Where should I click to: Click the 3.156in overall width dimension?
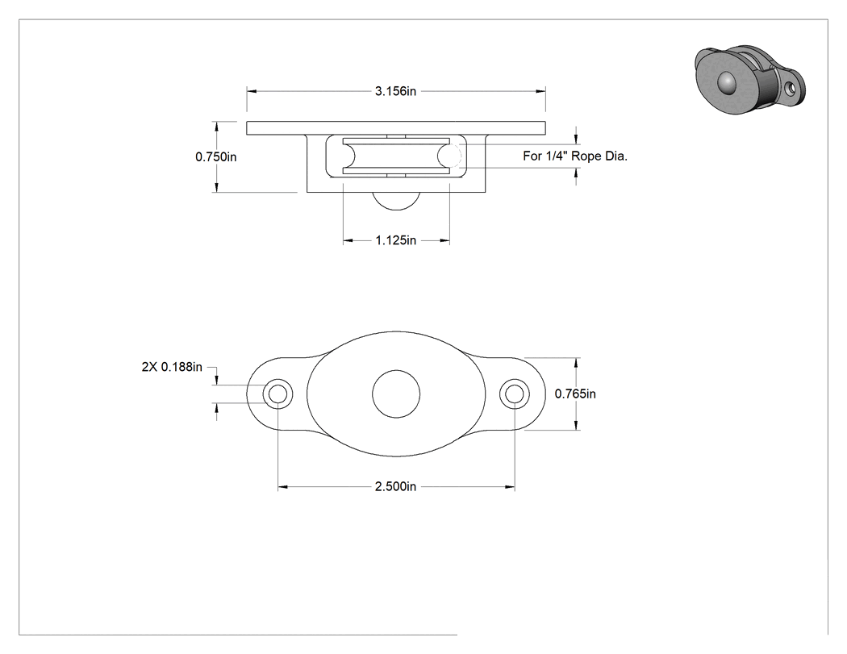[x=395, y=91]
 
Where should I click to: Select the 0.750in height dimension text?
[x=216, y=157]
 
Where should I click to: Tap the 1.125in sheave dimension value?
[x=396, y=240]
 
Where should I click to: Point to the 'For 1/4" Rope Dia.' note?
[x=575, y=156]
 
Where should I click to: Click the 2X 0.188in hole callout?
[x=172, y=367]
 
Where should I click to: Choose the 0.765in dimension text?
[x=575, y=394]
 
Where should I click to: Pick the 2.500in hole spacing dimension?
[x=396, y=486]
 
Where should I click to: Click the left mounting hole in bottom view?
[x=278, y=394]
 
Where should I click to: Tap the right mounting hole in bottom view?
[x=515, y=394]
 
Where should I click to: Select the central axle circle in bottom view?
[x=397, y=394]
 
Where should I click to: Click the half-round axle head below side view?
[x=397, y=199]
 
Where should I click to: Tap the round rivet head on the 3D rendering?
[x=727, y=82]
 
